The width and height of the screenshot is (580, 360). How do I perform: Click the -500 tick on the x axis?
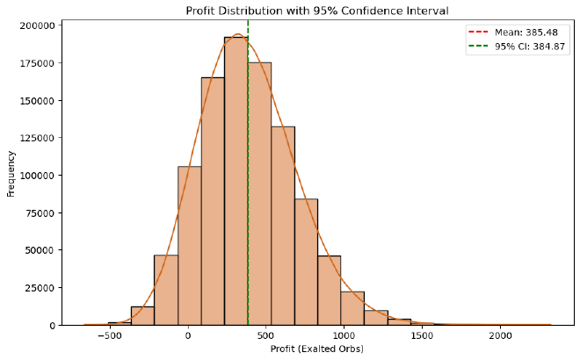(x=110, y=336)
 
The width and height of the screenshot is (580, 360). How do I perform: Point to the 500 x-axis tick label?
(x=266, y=336)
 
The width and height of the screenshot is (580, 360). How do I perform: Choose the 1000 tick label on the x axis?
(x=344, y=336)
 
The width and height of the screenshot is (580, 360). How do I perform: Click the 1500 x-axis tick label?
(x=422, y=336)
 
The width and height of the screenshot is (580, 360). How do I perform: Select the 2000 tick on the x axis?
(x=500, y=336)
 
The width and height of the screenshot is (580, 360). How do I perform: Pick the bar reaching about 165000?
(x=213, y=202)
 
